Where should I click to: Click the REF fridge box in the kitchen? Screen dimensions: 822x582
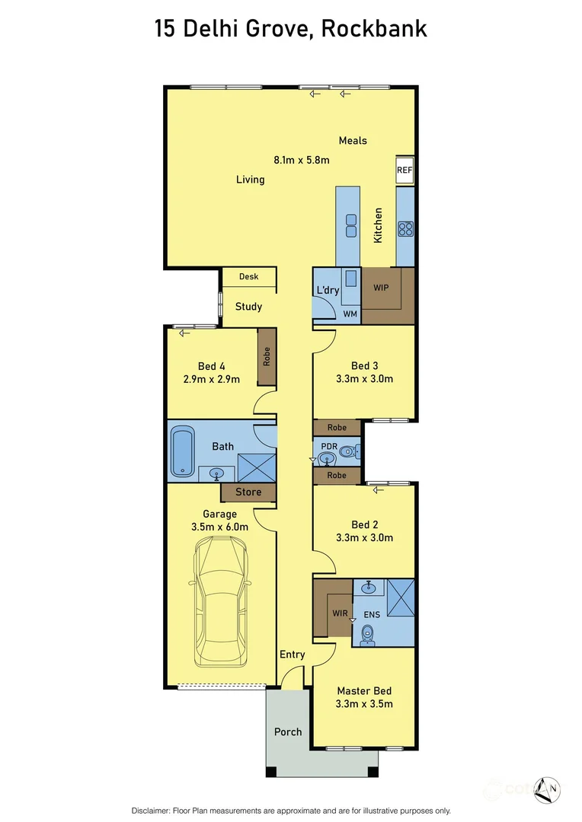(404, 171)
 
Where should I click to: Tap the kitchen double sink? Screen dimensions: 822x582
(352, 226)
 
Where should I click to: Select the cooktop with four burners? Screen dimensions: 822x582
(405, 228)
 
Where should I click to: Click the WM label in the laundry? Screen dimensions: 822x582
(350, 313)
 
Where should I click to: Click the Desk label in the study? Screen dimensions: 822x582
(248, 277)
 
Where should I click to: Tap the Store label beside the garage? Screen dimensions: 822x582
(248, 492)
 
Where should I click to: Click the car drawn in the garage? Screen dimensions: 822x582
(221, 601)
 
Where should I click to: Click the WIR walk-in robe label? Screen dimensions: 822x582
(339, 613)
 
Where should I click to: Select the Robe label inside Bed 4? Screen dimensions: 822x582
(267, 356)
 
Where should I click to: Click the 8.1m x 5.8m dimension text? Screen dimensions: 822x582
(301, 160)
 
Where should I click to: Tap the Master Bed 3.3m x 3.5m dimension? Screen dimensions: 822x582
(364, 704)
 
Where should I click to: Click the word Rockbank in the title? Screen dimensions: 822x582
(373, 29)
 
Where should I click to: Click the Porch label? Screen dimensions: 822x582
(288, 732)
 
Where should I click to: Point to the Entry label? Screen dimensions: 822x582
(292, 655)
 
